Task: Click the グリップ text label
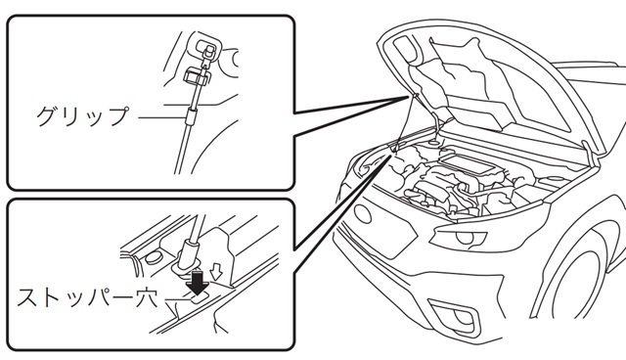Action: click(x=83, y=116)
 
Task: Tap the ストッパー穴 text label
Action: click(x=87, y=297)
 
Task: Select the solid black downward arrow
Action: click(x=198, y=281)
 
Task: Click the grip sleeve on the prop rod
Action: click(x=192, y=115)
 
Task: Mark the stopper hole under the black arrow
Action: click(x=199, y=298)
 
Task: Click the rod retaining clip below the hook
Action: click(x=197, y=76)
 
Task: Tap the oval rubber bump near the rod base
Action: click(x=153, y=257)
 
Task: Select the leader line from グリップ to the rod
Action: click(x=162, y=117)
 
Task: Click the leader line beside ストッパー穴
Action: click(x=177, y=299)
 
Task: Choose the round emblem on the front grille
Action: click(x=362, y=214)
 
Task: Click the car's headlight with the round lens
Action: click(x=463, y=238)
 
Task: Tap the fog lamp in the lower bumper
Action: click(x=458, y=317)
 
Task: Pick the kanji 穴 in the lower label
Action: click(x=148, y=297)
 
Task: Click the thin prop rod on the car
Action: click(x=402, y=122)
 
